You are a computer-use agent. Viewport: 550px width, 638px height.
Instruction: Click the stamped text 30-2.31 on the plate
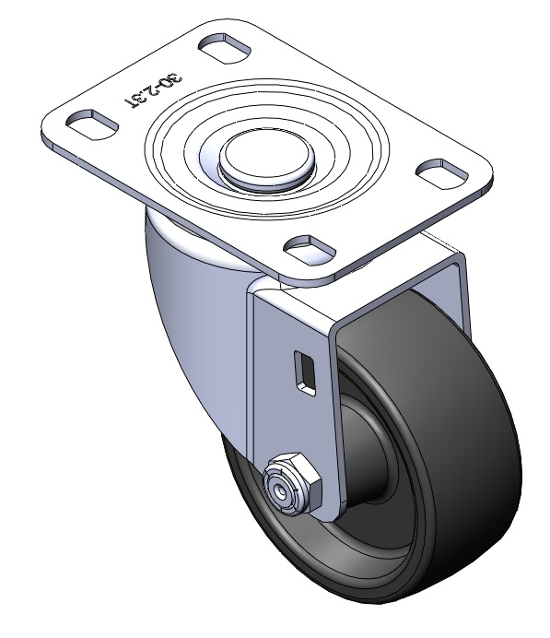(153, 91)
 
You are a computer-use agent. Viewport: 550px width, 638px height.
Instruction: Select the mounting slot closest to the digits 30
(225, 48)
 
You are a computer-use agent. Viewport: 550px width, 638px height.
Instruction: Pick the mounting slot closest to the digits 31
(91, 124)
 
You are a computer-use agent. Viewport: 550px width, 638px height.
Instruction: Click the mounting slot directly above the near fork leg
(310, 249)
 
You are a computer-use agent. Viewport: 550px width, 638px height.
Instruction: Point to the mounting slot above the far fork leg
(442, 173)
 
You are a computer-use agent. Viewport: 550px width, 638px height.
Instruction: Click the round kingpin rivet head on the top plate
(267, 158)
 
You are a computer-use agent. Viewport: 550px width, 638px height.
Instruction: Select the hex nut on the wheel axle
(292, 483)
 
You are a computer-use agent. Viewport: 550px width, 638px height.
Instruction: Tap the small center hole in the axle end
(279, 492)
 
